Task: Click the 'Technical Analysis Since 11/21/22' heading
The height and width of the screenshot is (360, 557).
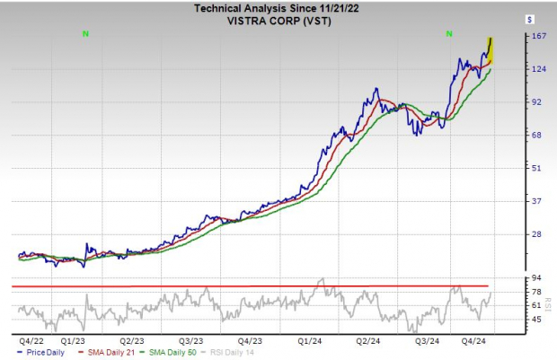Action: [x=278, y=6]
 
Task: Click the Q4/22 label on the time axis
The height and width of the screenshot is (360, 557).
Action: [x=28, y=341]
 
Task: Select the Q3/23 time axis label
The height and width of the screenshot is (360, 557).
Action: [x=190, y=341]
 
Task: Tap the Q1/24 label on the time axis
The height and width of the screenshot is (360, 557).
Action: [x=309, y=341]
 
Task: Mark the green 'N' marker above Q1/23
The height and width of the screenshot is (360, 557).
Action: [x=85, y=33]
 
